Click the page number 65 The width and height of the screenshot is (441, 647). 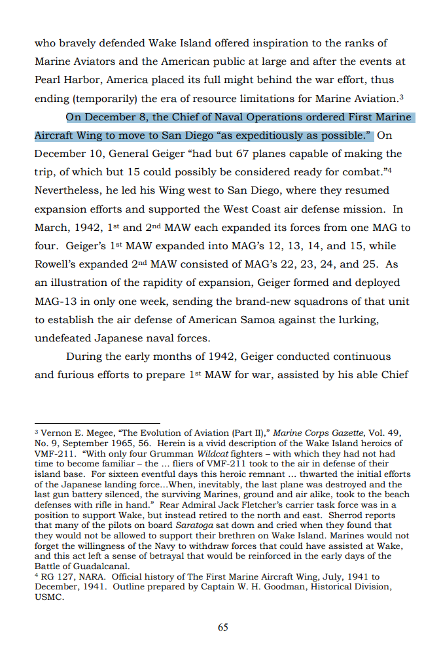[x=222, y=627]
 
